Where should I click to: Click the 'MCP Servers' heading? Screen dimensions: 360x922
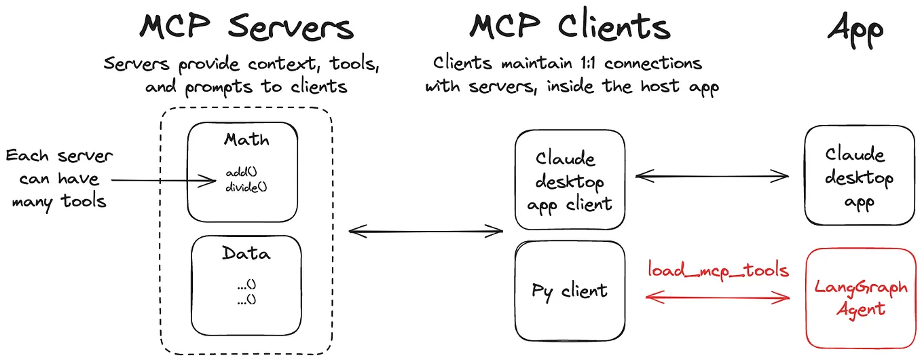[x=246, y=28]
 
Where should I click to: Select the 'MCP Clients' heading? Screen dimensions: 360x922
[x=570, y=27]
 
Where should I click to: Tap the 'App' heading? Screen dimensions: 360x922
[x=855, y=29]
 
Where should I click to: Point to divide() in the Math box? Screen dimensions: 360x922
[x=246, y=186]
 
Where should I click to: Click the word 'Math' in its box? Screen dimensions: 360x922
[x=246, y=141]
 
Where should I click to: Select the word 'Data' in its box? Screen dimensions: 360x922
[x=246, y=254]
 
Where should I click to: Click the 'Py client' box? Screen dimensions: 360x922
[x=570, y=291]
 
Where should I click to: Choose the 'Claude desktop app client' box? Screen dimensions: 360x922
[x=570, y=181]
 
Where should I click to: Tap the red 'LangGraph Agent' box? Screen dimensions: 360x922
[x=860, y=298]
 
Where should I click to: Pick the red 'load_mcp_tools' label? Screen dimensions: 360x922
[x=718, y=270]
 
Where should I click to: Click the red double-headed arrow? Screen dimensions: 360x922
[x=718, y=297]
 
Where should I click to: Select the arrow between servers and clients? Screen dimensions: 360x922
[x=426, y=232]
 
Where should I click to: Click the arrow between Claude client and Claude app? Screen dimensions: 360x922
[x=712, y=177]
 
